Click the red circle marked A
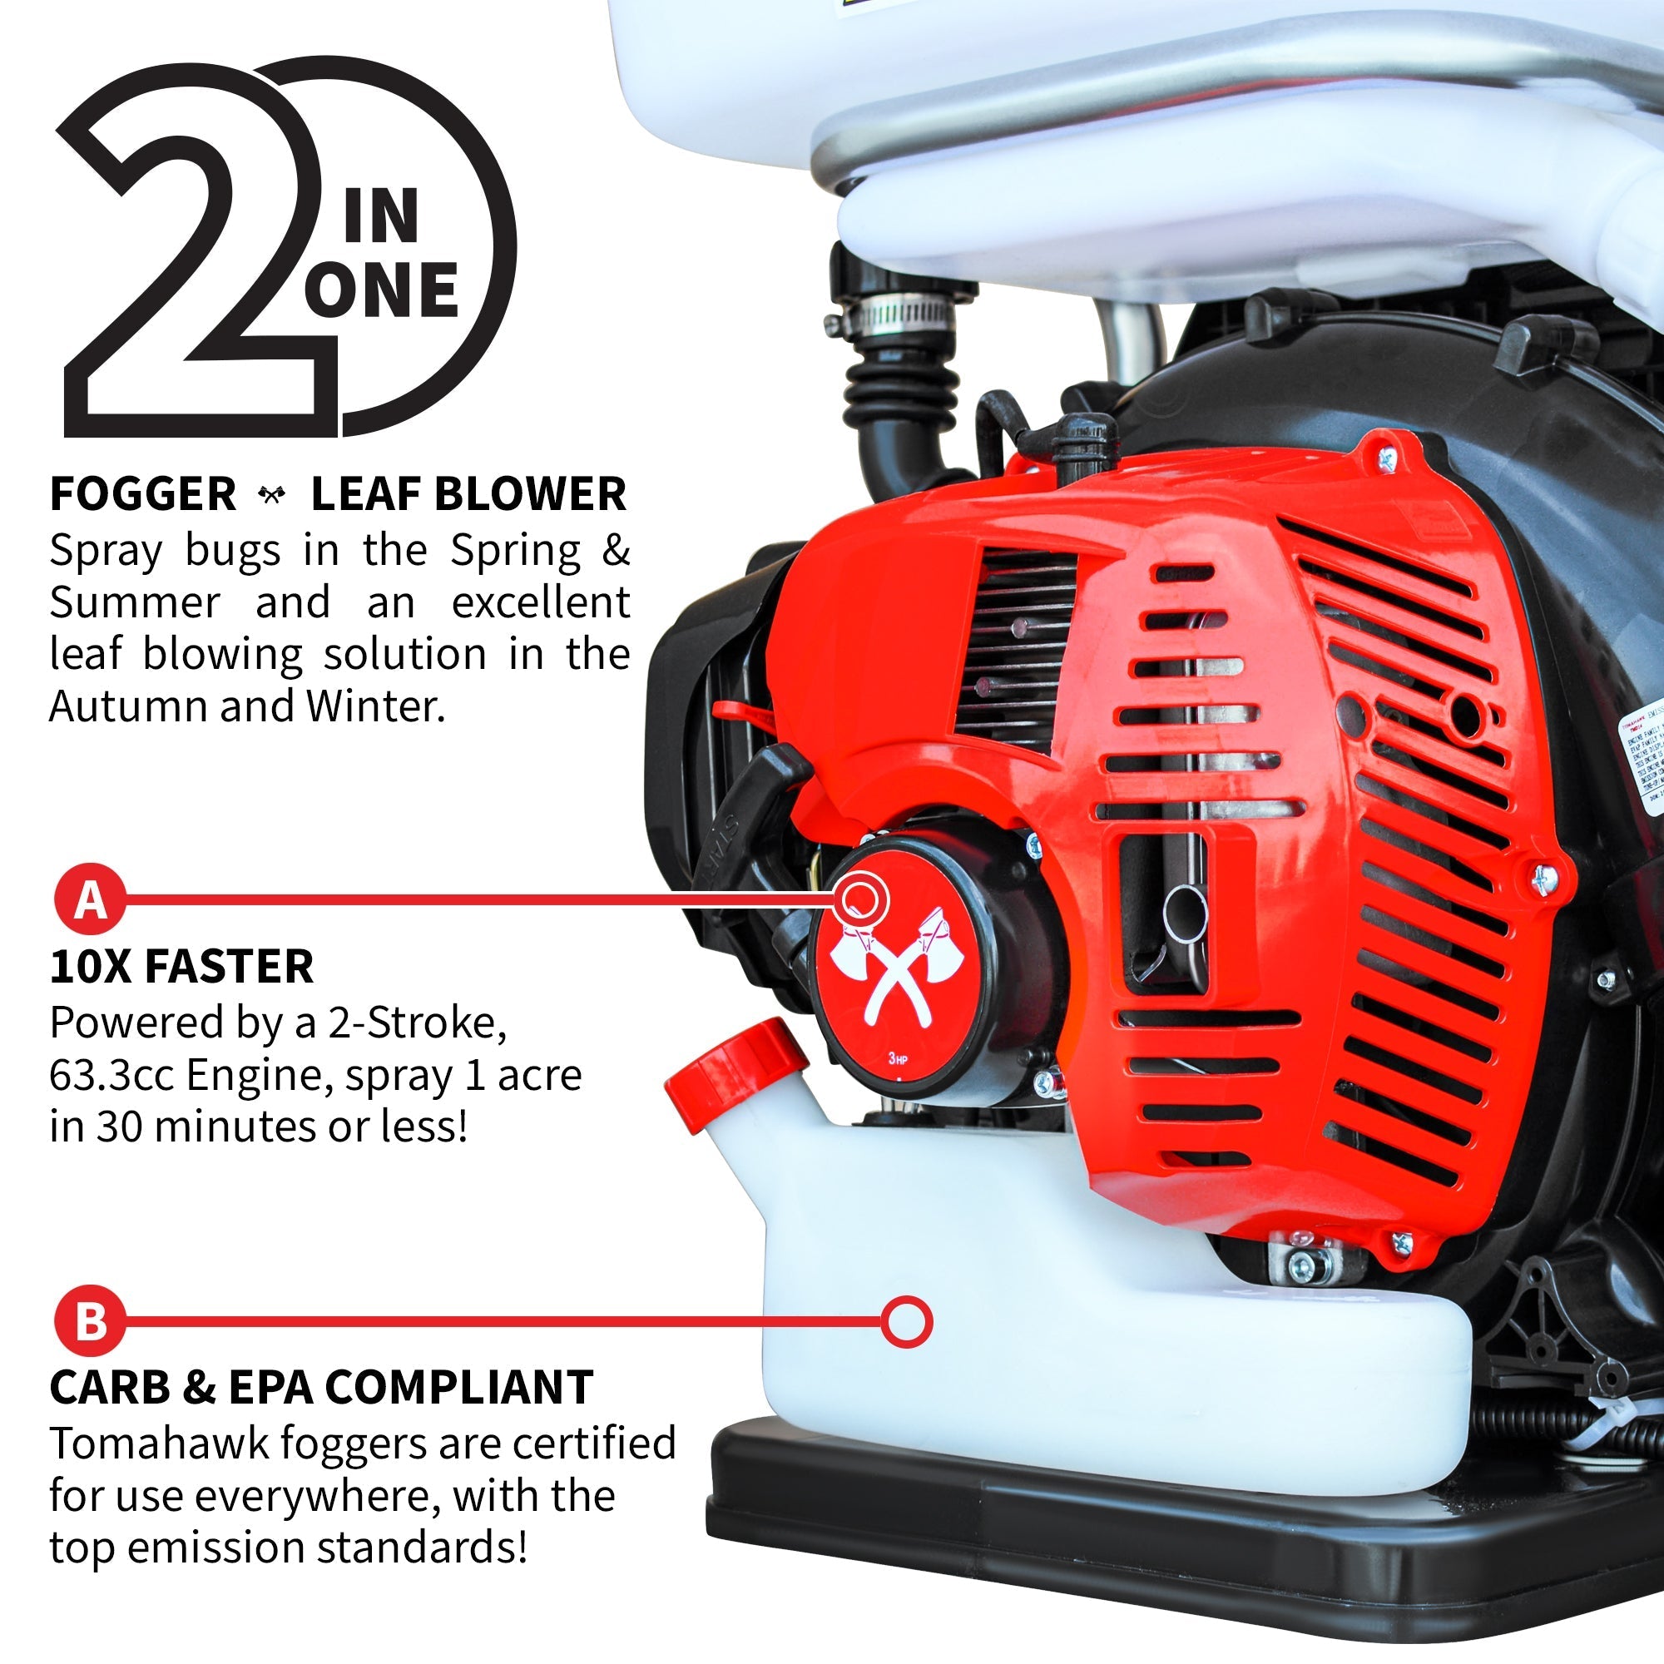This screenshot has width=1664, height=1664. click(91, 900)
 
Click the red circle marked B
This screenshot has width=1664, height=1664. click(91, 1320)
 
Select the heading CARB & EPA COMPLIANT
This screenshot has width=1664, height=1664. click(321, 1388)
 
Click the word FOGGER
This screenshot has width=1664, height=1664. click(143, 494)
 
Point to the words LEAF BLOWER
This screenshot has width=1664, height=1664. click(468, 494)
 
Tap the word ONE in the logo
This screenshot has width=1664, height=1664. click(382, 290)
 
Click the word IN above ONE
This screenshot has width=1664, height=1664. click(381, 217)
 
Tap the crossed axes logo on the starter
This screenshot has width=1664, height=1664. click(896, 973)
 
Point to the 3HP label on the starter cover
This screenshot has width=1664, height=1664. click(898, 1058)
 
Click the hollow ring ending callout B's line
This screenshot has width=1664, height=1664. click(906, 1320)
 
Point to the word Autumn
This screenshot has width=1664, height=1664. click(127, 707)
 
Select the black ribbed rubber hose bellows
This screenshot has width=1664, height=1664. click(900, 388)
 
